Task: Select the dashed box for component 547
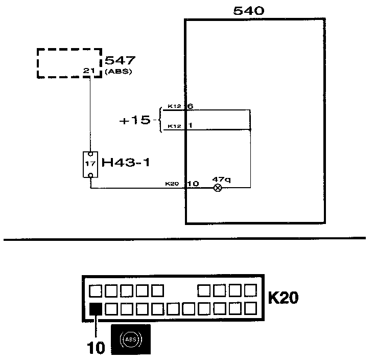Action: [69, 63]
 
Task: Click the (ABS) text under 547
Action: [119, 72]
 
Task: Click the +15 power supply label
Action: [135, 121]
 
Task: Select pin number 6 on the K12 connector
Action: [190, 106]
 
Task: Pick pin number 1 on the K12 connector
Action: [190, 126]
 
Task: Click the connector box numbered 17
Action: [90, 164]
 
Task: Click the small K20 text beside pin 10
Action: [171, 184]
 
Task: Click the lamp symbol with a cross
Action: [218, 188]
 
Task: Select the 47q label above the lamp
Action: [221, 179]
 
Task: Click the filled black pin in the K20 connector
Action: [95, 309]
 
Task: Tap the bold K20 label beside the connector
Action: [283, 298]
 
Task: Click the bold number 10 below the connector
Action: [96, 348]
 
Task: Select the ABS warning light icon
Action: [131, 340]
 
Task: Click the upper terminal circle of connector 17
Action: [90, 153]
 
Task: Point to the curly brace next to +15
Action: [158, 121]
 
